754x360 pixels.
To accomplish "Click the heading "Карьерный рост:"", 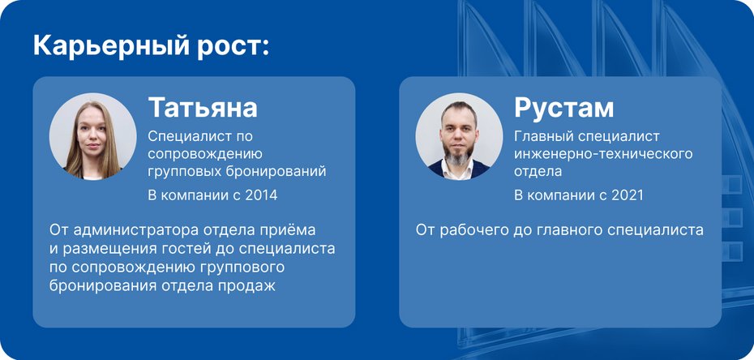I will coord(151,45).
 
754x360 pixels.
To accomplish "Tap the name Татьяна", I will coord(203,107).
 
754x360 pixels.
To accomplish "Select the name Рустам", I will coord(564,107).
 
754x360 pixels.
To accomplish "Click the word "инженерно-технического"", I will coord(603,153).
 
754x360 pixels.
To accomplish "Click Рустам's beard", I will coord(460,161).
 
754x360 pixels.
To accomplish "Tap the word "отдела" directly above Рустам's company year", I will coord(538,171).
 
